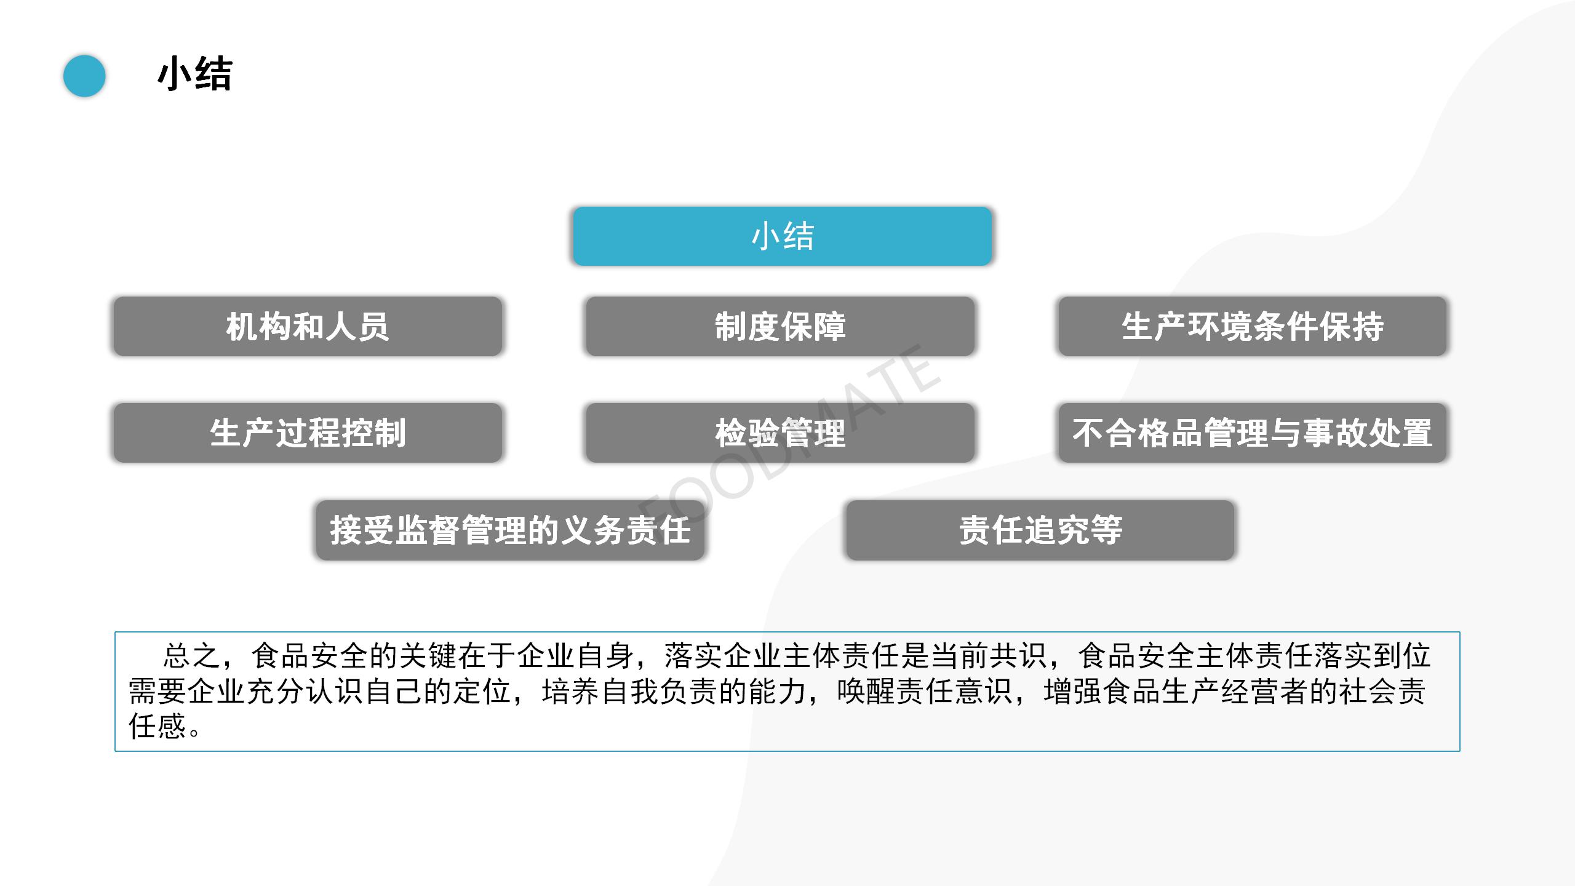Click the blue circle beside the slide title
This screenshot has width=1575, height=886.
pos(84,76)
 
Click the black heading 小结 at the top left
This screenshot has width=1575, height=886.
pos(195,75)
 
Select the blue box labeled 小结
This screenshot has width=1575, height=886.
pos(782,236)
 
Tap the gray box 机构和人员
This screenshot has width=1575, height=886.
pos(308,326)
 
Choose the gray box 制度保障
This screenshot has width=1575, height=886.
pos(780,326)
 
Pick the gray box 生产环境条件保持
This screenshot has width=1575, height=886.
pos(1252,326)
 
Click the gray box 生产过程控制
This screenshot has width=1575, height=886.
pos(308,433)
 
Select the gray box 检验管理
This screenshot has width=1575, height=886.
pos(780,433)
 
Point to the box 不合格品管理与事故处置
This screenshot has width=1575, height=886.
pos(1252,433)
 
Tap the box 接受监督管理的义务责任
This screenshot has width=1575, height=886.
pos(510,530)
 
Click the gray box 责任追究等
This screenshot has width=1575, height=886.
pos(1040,530)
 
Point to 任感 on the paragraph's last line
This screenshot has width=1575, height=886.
pos(157,726)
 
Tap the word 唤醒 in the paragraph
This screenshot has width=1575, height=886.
pos(866,691)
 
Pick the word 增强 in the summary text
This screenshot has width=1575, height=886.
pos(1072,691)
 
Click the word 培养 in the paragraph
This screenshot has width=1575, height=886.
pos(570,691)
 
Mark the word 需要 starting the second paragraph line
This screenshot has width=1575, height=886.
pos(157,691)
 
